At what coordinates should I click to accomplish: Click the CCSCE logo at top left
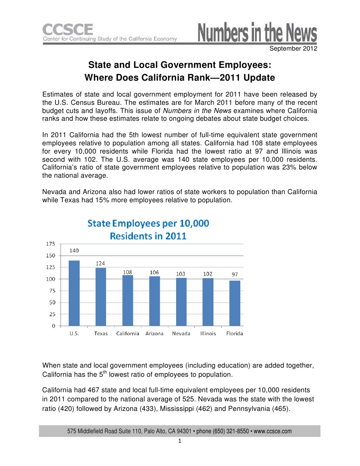click(68, 31)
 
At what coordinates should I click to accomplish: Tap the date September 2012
click(294, 48)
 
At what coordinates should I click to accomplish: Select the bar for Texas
click(101, 297)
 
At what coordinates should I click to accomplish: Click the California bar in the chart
click(127, 300)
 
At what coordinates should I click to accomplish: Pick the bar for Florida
click(234, 303)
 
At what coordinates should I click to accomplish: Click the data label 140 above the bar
click(74, 251)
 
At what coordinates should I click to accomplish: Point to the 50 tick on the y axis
click(52, 302)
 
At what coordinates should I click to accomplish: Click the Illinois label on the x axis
click(208, 333)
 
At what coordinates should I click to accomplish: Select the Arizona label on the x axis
click(154, 333)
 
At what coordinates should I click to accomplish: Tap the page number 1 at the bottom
click(180, 441)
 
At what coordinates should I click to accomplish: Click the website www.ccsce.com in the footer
click(272, 431)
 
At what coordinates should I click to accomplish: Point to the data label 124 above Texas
click(101, 263)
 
